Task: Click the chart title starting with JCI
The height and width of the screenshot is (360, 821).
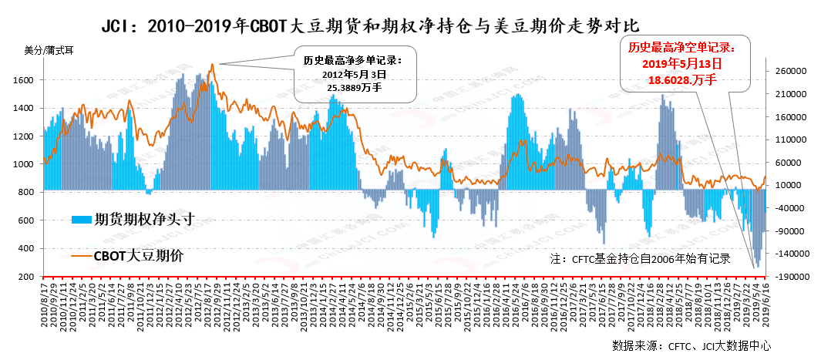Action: click(x=370, y=27)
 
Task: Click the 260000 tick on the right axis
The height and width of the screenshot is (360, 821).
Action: click(x=790, y=71)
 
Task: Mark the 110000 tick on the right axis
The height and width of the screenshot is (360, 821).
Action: click(x=790, y=140)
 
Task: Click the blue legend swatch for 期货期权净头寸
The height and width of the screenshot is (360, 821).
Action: click(x=81, y=219)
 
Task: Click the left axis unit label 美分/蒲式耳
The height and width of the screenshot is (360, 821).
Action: click(x=49, y=51)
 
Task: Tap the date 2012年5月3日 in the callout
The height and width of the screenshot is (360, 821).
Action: click(x=354, y=74)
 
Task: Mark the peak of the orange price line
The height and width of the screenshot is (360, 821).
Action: click(x=211, y=65)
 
